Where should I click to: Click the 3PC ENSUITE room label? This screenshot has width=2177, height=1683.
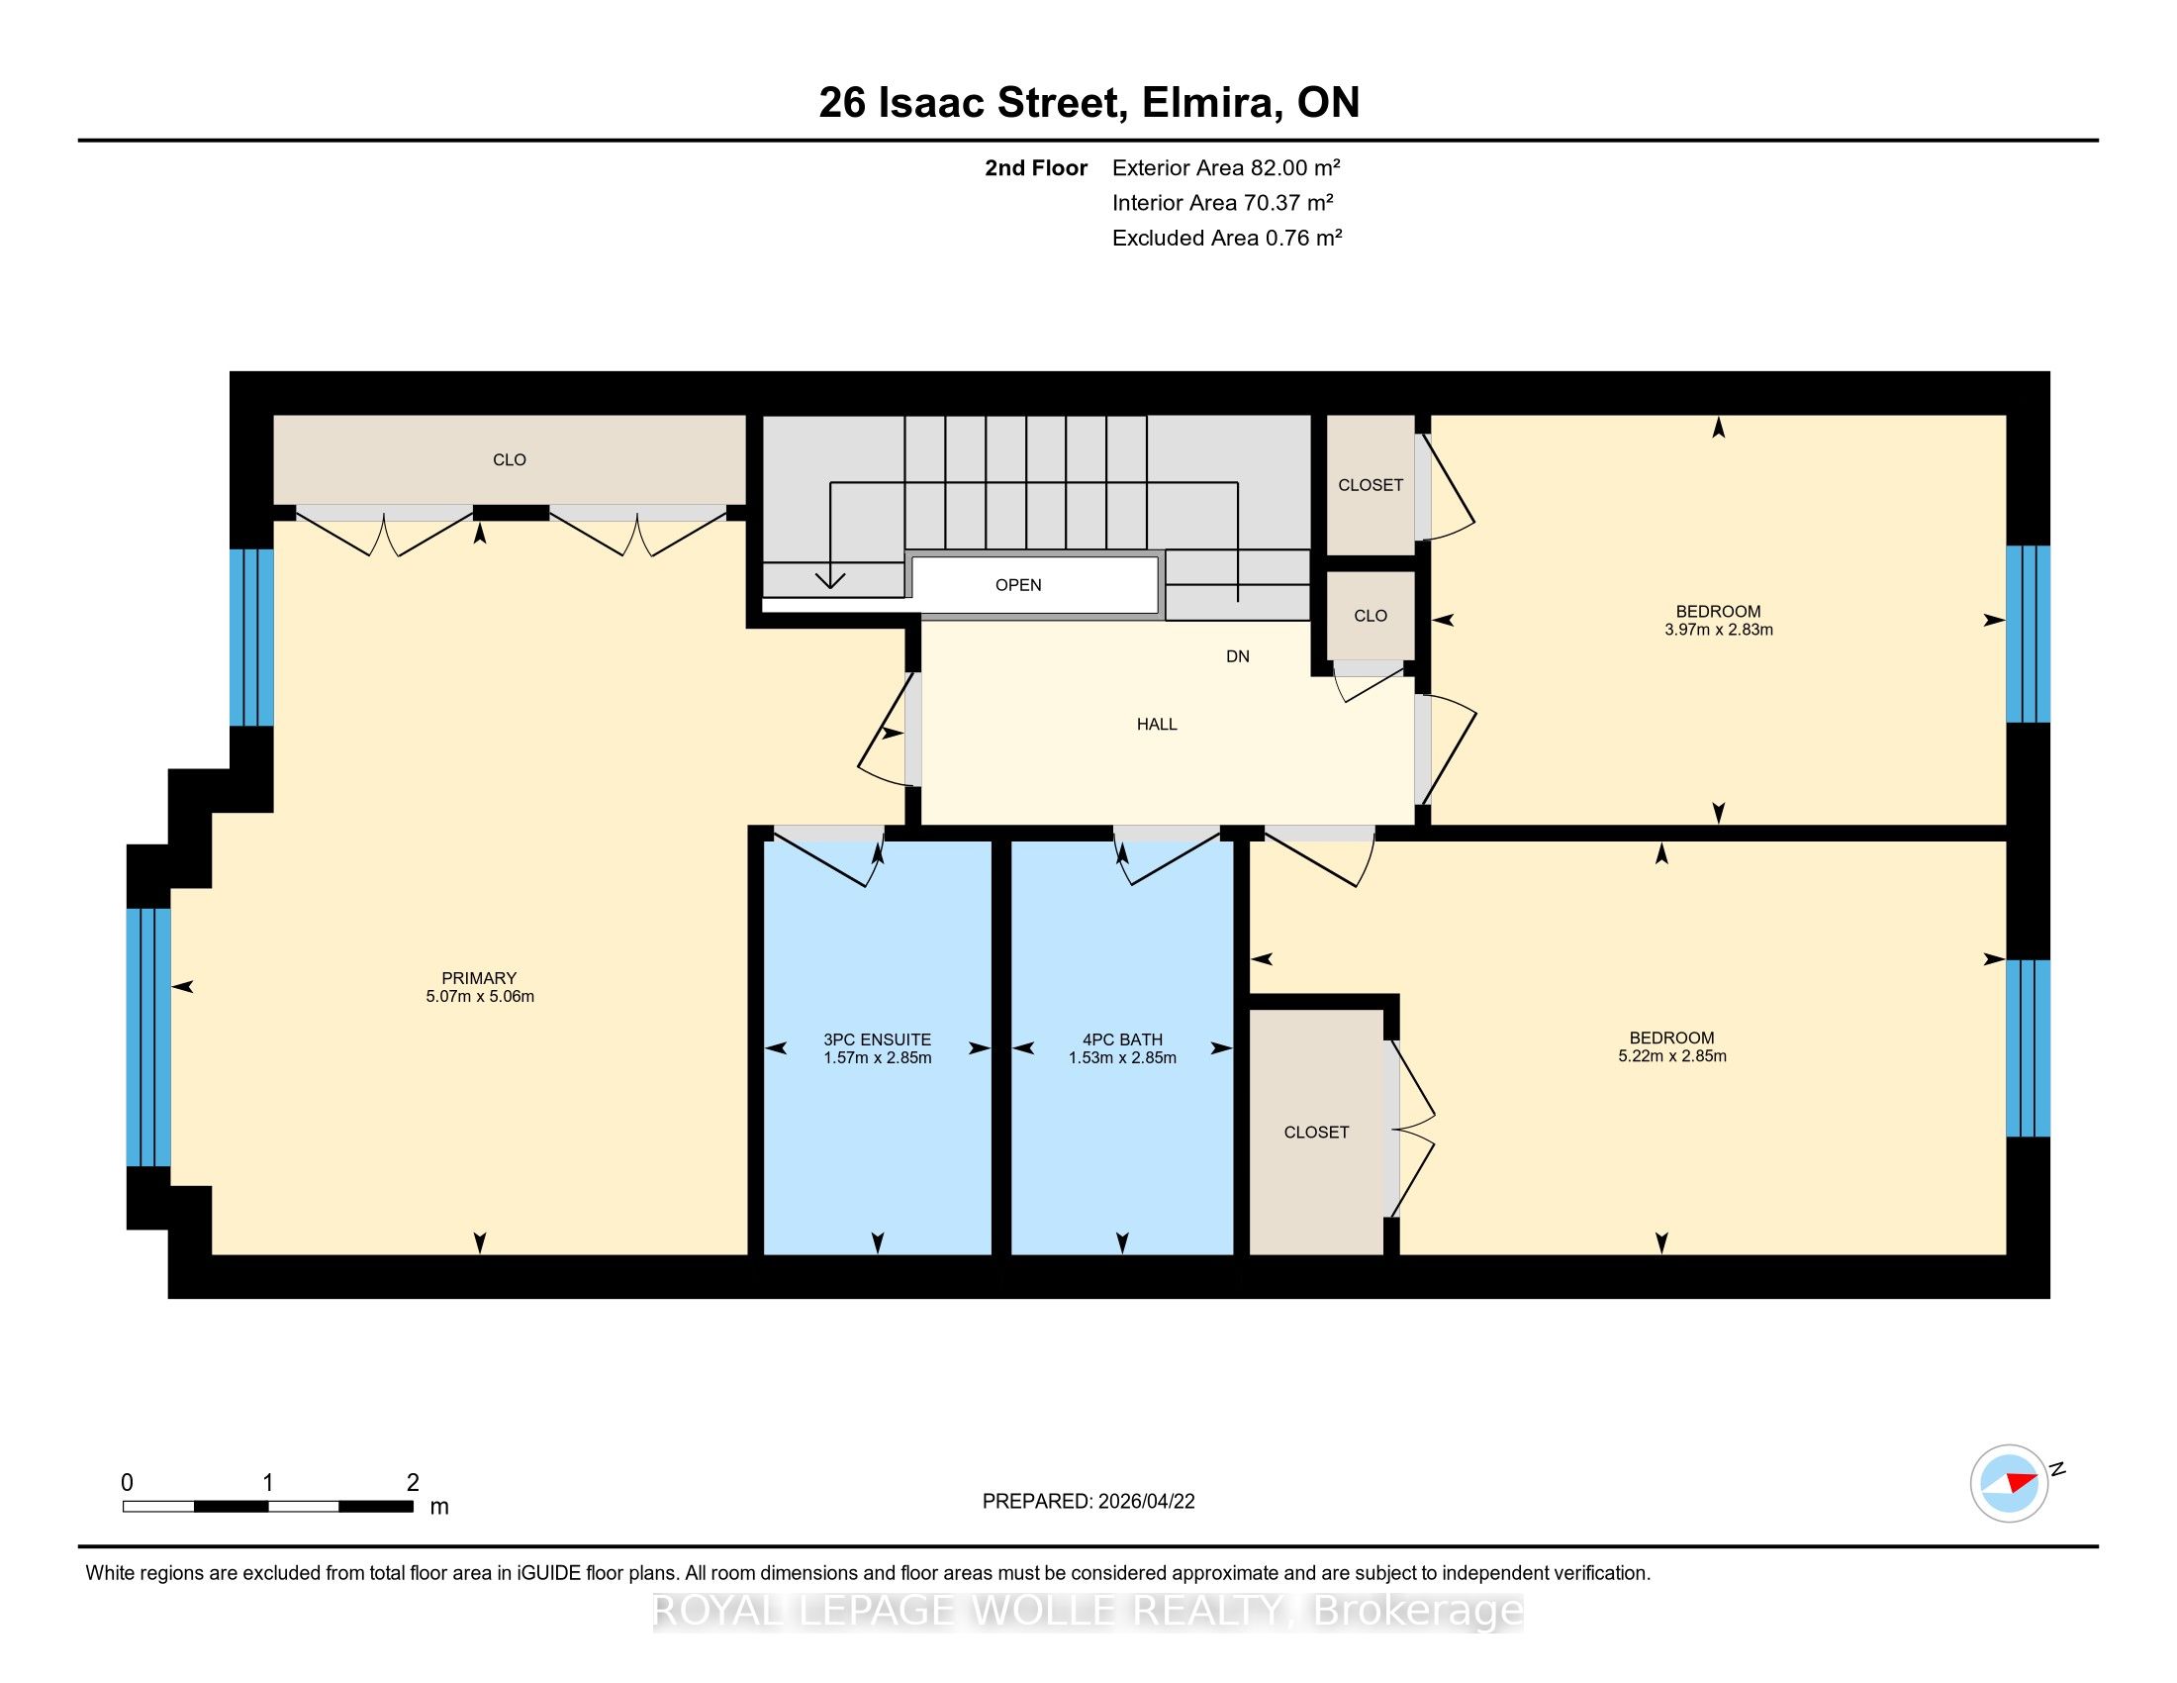click(877, 1039)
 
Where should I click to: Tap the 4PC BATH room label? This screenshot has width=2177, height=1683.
click(1122, 1039)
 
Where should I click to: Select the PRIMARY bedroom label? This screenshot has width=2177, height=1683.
click(480, 978)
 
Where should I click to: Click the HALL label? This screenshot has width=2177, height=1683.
click(1158, 724)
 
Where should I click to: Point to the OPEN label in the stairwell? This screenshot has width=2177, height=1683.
click(1018, 585)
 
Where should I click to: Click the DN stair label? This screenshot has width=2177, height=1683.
click(1238, 656)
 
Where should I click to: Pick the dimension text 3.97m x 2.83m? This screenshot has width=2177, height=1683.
click(1719, 630)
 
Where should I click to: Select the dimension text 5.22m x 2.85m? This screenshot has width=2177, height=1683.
click(1671, 1056)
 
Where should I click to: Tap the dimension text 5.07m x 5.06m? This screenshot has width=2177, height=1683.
click(480, 996)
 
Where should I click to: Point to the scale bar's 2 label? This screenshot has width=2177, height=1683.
click(413, 1483)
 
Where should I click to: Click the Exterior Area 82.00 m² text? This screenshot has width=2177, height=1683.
click(1226, 167)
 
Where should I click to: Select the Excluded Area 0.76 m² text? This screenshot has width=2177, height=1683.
click(1227, 238)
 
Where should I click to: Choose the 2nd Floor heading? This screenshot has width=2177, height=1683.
click(1036, 167)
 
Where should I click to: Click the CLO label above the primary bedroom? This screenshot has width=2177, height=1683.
click(510, 459)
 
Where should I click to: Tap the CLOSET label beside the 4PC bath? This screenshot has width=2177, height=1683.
click(1317, 1132)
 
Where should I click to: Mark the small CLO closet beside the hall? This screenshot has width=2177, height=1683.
click(1371, 615)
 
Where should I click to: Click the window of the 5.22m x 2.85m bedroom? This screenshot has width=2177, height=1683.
click(2028, 1047)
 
